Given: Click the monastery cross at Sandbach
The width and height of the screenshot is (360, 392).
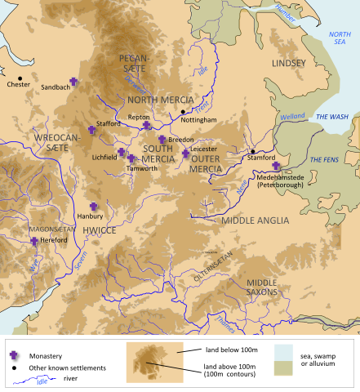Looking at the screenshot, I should [x=73, y=82].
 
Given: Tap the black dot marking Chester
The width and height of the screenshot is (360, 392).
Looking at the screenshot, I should [x=20, y=78].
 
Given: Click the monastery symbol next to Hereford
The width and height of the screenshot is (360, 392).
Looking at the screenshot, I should [x=33, y=240].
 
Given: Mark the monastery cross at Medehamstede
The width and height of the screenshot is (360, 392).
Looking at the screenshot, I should [x=276, y=166].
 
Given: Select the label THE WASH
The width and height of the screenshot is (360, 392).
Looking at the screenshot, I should [x=332, y=117].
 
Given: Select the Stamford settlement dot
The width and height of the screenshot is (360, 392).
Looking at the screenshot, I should [x=253, y=152].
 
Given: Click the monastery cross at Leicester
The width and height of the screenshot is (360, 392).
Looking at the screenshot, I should [x=186, y=153].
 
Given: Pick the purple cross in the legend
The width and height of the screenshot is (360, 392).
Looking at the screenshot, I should [x=14, y=355].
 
